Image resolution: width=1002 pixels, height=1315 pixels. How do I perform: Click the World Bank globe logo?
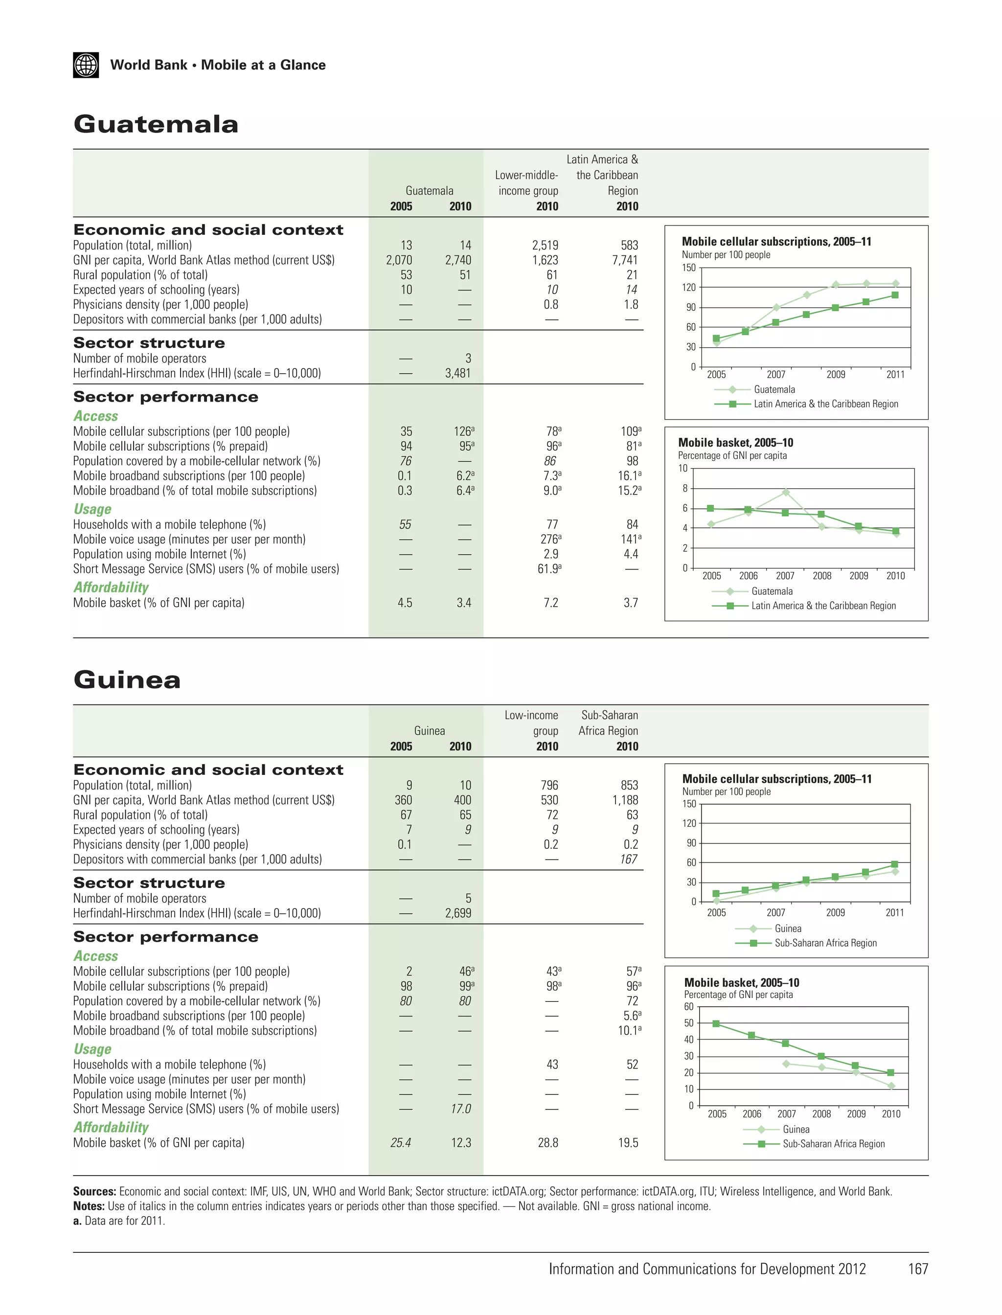point(86,65)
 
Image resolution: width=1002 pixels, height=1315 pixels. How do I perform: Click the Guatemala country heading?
point(156,125)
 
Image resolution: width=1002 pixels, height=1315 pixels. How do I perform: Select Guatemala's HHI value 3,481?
point(457,373)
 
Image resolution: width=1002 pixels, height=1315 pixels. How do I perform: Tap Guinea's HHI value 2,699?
point(457,913)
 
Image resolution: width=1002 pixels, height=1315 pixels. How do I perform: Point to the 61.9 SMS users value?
point(549,569)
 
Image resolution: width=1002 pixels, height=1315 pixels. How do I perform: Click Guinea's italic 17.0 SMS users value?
point(460,1109)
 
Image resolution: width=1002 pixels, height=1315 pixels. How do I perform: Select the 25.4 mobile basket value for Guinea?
point(400,1143)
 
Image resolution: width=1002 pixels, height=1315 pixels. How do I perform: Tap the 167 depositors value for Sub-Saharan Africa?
point(628,860)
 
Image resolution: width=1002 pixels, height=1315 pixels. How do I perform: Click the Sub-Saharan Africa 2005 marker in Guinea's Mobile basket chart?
point(716,1023)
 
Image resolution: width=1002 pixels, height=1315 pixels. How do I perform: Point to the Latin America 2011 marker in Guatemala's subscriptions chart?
point(895,295)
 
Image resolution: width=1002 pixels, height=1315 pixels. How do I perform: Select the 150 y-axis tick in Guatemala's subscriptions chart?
point(689,268)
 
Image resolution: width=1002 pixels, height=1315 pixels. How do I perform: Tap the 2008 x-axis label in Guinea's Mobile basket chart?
point(821,1114)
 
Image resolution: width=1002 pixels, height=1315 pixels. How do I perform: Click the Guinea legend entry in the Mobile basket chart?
point(796,1130)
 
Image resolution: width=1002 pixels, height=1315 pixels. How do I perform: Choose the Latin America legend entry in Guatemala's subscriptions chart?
point(825,404)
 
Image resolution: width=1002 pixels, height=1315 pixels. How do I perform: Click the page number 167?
point(918,1269)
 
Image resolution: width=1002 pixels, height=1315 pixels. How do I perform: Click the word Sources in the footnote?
point(94,1192)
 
